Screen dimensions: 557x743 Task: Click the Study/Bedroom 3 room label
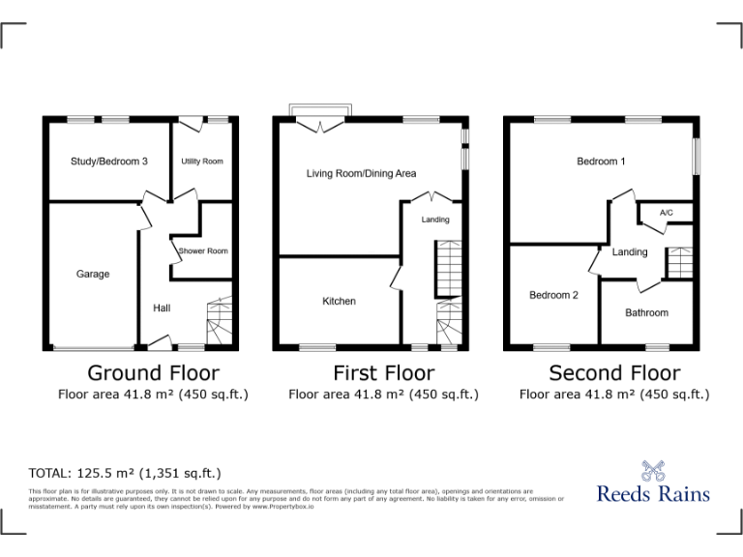[108, 161]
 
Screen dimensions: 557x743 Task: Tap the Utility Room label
[202, 161]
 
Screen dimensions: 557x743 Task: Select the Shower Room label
[203, 251]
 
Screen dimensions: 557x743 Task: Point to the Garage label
[93, 275]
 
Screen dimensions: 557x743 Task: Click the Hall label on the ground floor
[162, 308]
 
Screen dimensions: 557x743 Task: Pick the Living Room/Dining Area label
[361, 174]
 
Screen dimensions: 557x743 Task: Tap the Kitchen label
[339, 302]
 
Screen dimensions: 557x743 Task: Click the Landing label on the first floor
[435, 220]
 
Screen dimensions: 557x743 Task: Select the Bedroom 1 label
[601, 161]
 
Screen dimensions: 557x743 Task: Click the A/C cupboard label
[666, 213]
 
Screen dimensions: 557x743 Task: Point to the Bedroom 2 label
[553, 296]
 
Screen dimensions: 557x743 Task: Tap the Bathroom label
[646, 313]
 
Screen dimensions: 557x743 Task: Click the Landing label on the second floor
[630, 252]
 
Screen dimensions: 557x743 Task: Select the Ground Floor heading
[153, 372]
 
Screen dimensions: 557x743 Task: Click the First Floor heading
[383, 372]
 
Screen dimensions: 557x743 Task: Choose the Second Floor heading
[614, 372]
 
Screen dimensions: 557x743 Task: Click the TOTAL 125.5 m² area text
[126, 473]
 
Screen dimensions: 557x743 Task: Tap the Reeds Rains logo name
[653, 494]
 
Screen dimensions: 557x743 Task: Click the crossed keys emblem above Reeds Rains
[654, 468]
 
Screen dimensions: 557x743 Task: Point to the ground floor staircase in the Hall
[221, 321]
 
